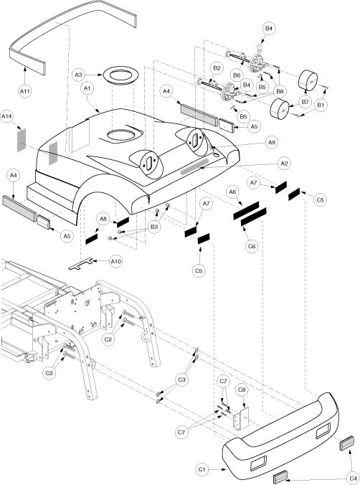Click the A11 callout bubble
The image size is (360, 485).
click(25, 91)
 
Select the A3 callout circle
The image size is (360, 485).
click(79, 75)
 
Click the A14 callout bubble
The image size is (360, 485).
click(6, 116)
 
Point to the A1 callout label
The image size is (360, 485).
click(87, 88)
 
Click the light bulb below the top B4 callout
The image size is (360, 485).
click(261, 48)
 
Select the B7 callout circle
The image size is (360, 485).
click(305, 102)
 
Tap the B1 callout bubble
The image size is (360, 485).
click(321, 105)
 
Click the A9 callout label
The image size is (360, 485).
click(272, 142)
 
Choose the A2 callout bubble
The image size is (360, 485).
click(284, 163)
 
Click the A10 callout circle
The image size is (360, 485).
click(116, 262)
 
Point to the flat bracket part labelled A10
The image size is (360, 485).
click(80, 264)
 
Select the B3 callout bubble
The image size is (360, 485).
click(154, 227)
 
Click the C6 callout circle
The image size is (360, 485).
click(252, 246)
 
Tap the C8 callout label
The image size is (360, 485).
click(242, 390)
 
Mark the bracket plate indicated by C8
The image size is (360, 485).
click(241, 418)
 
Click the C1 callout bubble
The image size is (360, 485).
click(202, 469)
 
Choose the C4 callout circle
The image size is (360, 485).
click(353, 479)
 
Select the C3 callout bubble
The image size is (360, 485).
click(181, 380)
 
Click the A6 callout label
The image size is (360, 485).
click(232, 192)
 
